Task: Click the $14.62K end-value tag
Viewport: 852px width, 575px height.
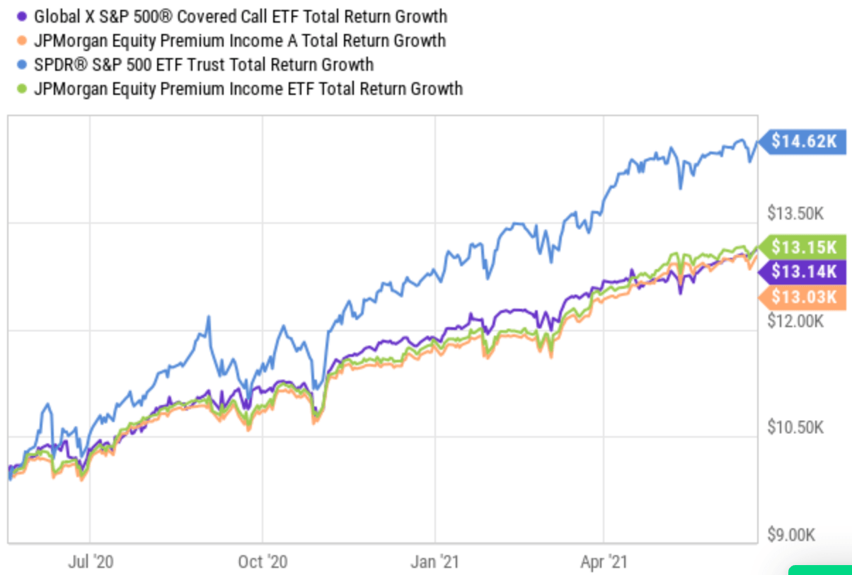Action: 802,141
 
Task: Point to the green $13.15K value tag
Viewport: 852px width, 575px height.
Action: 802,247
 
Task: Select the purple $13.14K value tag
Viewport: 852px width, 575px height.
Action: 802,271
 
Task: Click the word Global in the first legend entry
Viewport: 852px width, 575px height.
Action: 57,16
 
